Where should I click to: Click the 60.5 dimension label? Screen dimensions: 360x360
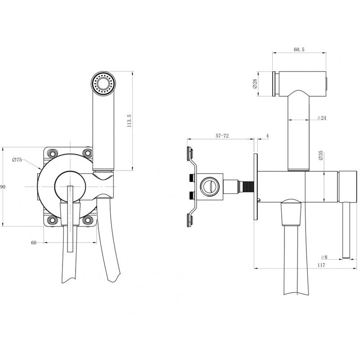pyautogui.click(x=299, y=49)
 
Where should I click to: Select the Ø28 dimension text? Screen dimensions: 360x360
pyautogui.click(x=254, y=84)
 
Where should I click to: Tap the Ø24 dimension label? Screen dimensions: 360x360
pyautogui.click(x=322, y=118)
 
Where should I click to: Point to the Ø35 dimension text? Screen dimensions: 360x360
pyautogui.click(x=321, y=155)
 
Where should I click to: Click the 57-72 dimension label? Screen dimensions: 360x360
pyautogui.click(x=222, y=136)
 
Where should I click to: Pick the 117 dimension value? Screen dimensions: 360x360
pyautogui.click(x=321, y=265)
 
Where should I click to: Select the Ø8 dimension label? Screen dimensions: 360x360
pyautogui.click(x=324, y=257)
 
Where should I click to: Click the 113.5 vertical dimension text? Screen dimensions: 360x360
pyautogui.click(x=129, y=121)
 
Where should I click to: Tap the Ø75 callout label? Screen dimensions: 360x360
pyautogui.click(x=17, y=160)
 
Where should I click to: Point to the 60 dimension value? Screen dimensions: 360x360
pyautogui.click(x=33, y=243)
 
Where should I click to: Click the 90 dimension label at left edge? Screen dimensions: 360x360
pyautogui.click(x=3, y=187)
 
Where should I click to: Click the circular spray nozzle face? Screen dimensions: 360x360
pyautogui.click(x=103, y=83)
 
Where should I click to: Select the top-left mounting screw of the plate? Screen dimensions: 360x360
pyautogui.click(x=53, y=153)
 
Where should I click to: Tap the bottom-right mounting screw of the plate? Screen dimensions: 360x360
pyautogui.click(x=88, y=220)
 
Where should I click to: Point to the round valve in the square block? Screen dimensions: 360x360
pyautogui.click(x=210, y=187)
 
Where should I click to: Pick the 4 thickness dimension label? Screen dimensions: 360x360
pyautogui.click(x=267, y=136)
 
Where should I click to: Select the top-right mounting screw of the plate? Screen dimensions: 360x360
pyautogui.click(x=88, y=153)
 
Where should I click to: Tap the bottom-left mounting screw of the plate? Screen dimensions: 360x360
pyautogui.click(x=53, y=220)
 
